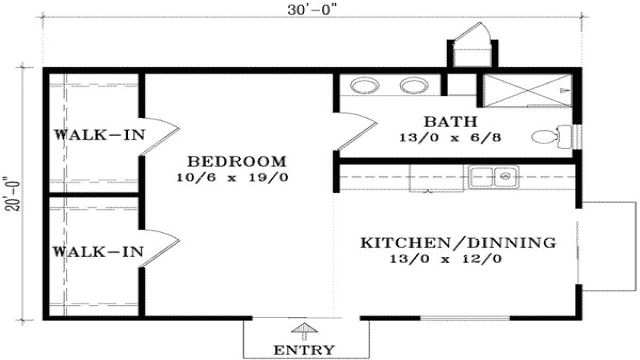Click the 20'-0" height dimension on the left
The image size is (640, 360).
[11, 193]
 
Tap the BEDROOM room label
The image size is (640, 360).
[237, 162]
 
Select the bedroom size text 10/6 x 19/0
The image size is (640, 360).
[232, 177]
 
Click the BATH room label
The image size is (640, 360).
[450, 122]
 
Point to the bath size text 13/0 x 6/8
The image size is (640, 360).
[450, 137]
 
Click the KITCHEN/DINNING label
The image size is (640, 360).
[458, 243]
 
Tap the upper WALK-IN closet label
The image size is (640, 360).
[99, 135]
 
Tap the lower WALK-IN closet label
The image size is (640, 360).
[98, 251]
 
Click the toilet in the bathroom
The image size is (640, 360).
[550, 136]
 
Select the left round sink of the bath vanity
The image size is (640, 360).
[364, 85]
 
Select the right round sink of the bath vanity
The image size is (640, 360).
[414, 85]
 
